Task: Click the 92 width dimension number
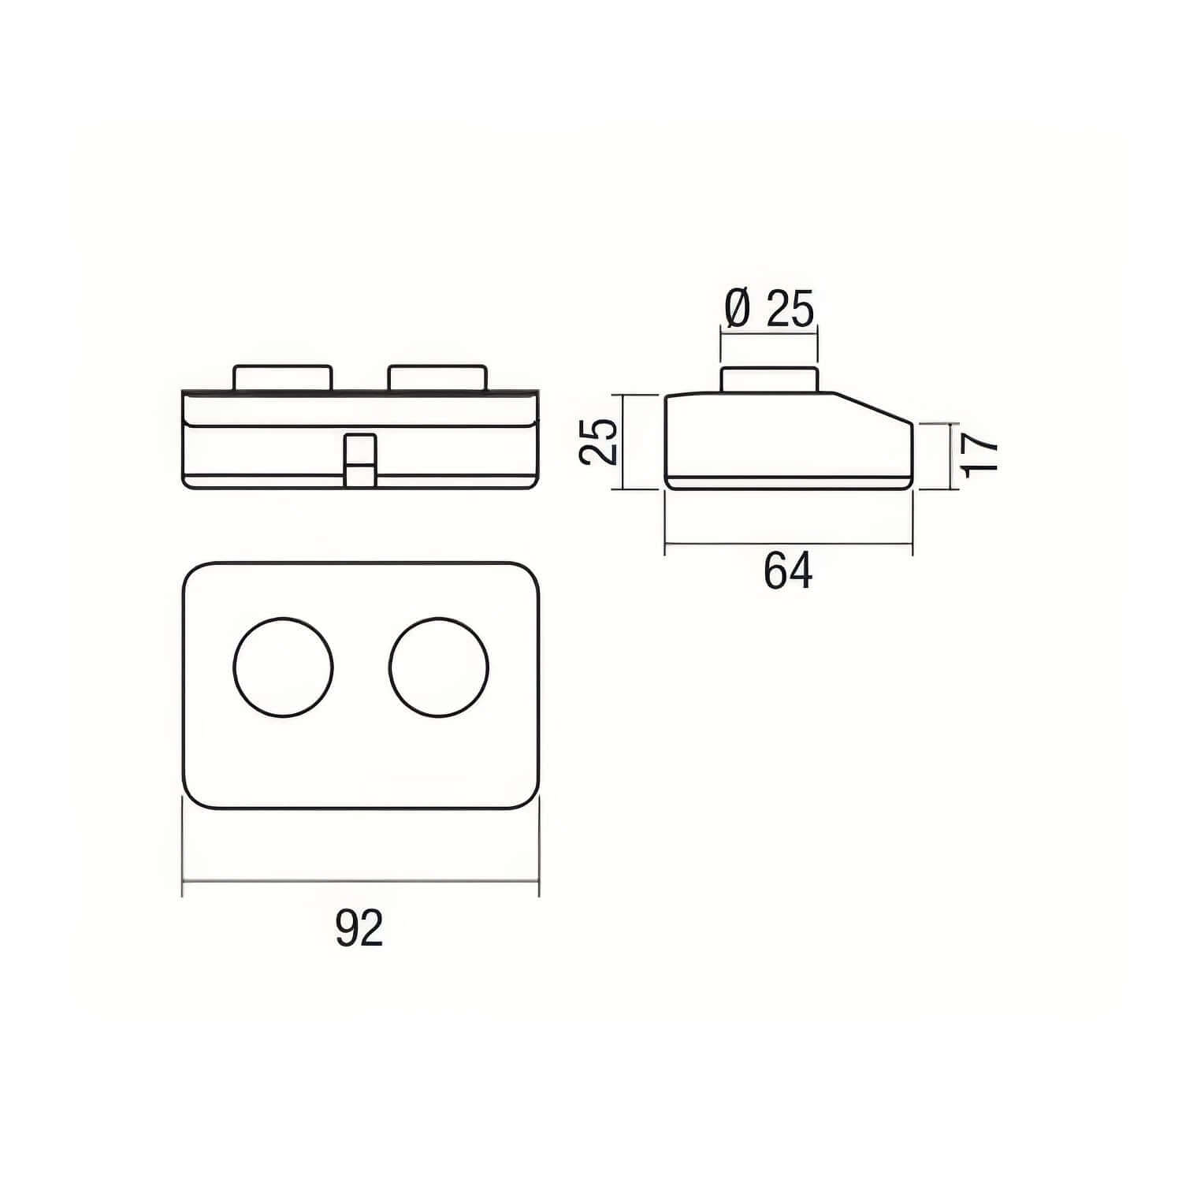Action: click(359, 928)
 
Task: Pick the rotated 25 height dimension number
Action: click(598, 442)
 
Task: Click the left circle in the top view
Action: click(284, 667)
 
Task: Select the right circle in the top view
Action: click(439, 667)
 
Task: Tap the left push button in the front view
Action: click(282, 377)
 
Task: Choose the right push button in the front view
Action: click(437, 377)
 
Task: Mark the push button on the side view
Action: click(769, 379)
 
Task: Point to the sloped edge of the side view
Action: click(875, 408)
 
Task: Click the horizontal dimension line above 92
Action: click(361, 880)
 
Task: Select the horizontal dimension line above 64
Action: click(788, 543)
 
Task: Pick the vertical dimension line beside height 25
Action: click(623, 442)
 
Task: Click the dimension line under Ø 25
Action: click(769, 335)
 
